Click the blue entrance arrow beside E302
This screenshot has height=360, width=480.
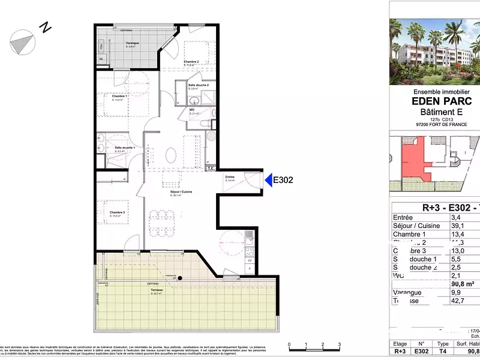pyautogui.click(x=268, y=179)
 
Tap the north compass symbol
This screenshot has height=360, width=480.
pyautogui.click(x=23, y=40)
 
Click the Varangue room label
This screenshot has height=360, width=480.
pyautogui.click(x=132, y=43)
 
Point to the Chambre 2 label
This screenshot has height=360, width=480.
pyautogui.click(x=191, y=62)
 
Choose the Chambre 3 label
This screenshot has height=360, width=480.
pyautogui.click(x=117, y=212)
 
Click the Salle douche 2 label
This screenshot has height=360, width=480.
pyautogui.click(x=198, y=85)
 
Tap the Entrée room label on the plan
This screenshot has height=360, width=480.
pyautogui.click(x=230, y=177)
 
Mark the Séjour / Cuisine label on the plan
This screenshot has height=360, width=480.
pyautogui.click(x=181, y=191)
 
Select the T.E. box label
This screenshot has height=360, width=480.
pyautogui.click(x=211, y=169)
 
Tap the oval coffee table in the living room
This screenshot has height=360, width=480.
pyautogui.click(x=172, y=155)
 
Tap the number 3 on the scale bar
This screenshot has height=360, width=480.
pyautogui.click(x=340, y=344)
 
